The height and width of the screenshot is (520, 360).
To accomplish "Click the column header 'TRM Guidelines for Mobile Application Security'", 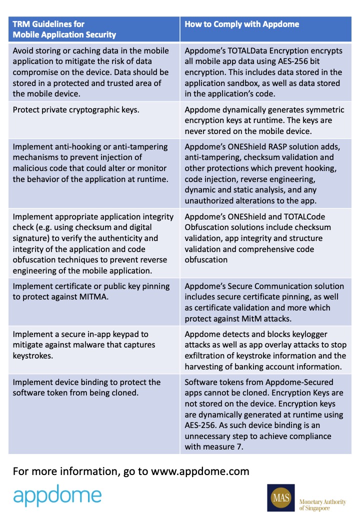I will tap(64, 29).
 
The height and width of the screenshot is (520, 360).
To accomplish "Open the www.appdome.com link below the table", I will tap(200, 471).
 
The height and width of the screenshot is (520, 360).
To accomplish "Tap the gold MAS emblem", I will tap(280, 497).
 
